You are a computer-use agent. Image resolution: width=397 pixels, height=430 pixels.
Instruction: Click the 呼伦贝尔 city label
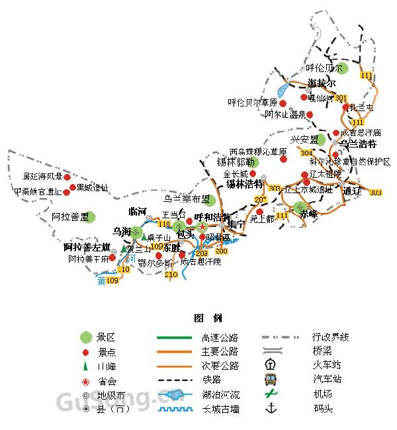click(x=325, y=68)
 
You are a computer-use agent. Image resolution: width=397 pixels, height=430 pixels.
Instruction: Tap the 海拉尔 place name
click(x=322, y=83)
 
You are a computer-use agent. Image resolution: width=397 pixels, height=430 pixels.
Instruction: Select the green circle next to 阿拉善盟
click(x=89, y=216)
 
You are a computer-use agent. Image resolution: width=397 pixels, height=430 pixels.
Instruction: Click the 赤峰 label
click(x=308, y=214)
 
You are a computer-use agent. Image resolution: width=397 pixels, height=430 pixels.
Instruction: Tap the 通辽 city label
click(x=352, y=191)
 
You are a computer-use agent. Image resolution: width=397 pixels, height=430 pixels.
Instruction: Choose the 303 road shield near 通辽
click(x=375, y=193)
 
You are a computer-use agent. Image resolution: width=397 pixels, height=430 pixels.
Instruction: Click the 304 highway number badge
click(x=306, y=153)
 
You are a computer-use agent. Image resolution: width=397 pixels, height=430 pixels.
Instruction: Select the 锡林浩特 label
click(x=245, y=183)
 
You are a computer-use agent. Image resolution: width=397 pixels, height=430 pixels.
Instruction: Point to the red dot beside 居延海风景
click(x=67, y=177)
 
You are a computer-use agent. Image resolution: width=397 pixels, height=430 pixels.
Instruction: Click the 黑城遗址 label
click(x=92, y=188)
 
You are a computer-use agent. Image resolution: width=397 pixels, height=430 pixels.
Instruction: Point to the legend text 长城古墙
click(x=220, y=409)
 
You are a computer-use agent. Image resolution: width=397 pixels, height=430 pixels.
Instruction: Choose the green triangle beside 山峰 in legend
click(x=85, y=366)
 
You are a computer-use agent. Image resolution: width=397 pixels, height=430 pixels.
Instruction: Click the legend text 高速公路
click(x=220, y=337)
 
